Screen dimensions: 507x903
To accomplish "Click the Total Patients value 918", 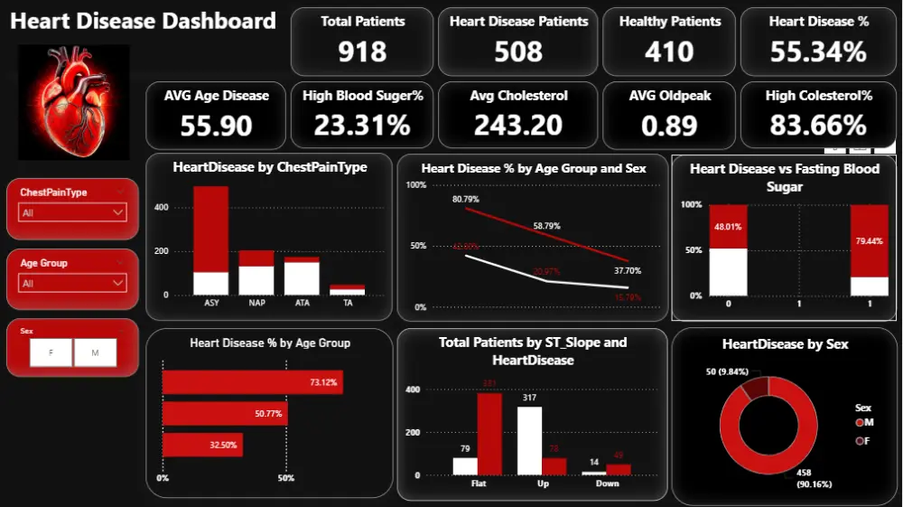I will (x=363, y=52).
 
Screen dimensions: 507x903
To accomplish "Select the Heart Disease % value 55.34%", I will (x=818, y=52).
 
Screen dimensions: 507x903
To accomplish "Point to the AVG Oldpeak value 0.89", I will (x=669, y=125).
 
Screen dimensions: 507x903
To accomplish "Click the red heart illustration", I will (x=74, y=101).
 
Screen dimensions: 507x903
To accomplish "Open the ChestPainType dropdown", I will (x=72, y=212).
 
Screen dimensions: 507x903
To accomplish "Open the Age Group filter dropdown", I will (x=72, y=283).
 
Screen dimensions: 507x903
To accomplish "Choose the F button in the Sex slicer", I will (x=51, y=353).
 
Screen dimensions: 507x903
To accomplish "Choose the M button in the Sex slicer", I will (x=95, y=353).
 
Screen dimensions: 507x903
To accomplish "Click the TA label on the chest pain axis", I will (x=348, y=303).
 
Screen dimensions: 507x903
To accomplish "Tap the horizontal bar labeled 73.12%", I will (x=251, y=383).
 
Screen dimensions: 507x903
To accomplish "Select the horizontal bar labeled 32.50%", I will (x=202, y=445).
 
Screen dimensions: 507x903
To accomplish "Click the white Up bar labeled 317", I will (x=529, y=440).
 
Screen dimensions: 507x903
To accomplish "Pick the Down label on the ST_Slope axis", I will (x=608, y=484).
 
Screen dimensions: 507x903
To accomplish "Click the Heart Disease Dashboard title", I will (x=143, y=21).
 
